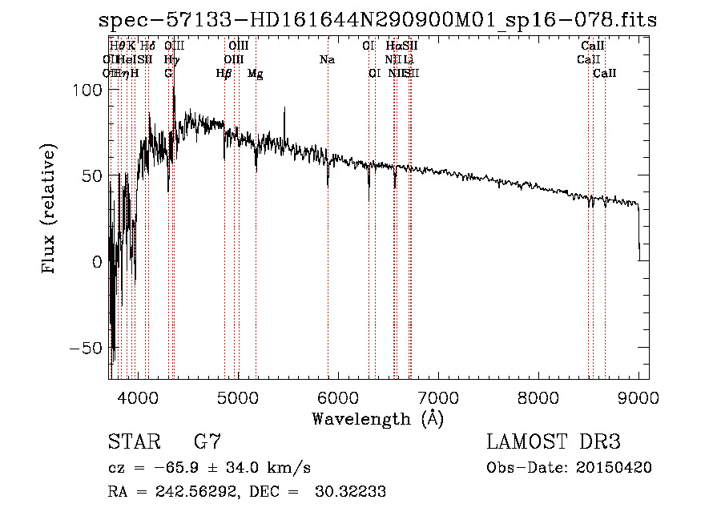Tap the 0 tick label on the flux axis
click(97, 262)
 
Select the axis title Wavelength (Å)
click(377, 418)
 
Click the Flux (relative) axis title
click(50, 210)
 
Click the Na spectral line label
click(327, 60)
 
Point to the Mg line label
click(255, 74)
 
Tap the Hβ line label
click(224, 74)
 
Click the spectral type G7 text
click(207, 441)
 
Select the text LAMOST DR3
click(554, 441)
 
